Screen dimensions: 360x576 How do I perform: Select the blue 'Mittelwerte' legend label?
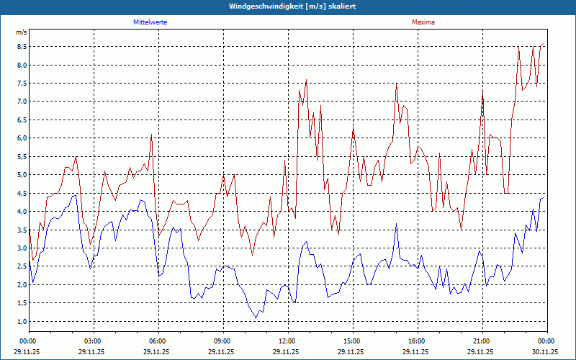click(150, 22)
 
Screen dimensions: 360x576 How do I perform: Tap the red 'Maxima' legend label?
click(423, 22)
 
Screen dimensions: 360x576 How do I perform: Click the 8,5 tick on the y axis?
click(22, 47)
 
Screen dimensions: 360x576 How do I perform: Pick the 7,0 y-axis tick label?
click(22, 102)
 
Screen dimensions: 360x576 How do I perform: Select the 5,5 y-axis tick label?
click(22, 156)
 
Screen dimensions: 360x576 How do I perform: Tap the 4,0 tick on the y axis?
click(22, 212)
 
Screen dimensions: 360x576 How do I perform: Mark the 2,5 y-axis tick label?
click(22, 266)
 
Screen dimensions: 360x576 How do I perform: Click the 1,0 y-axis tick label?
click(22, 321)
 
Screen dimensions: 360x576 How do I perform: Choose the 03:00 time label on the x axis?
click(92, 341)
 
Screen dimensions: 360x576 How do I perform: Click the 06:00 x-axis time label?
click(157, 341)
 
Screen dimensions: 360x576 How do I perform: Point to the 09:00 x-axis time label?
click(222, 341)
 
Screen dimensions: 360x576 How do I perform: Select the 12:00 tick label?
click(287, 341)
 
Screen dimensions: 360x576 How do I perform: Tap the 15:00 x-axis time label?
click(351, 341)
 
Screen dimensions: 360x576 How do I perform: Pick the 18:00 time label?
click(416, 341)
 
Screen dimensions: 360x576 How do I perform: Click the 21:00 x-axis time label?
click(481, 341)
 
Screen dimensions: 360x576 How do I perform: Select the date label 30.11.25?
click(546, 352)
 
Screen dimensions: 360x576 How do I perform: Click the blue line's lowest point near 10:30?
click(256, 318)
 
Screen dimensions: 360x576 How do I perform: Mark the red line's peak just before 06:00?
click(151, 134)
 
